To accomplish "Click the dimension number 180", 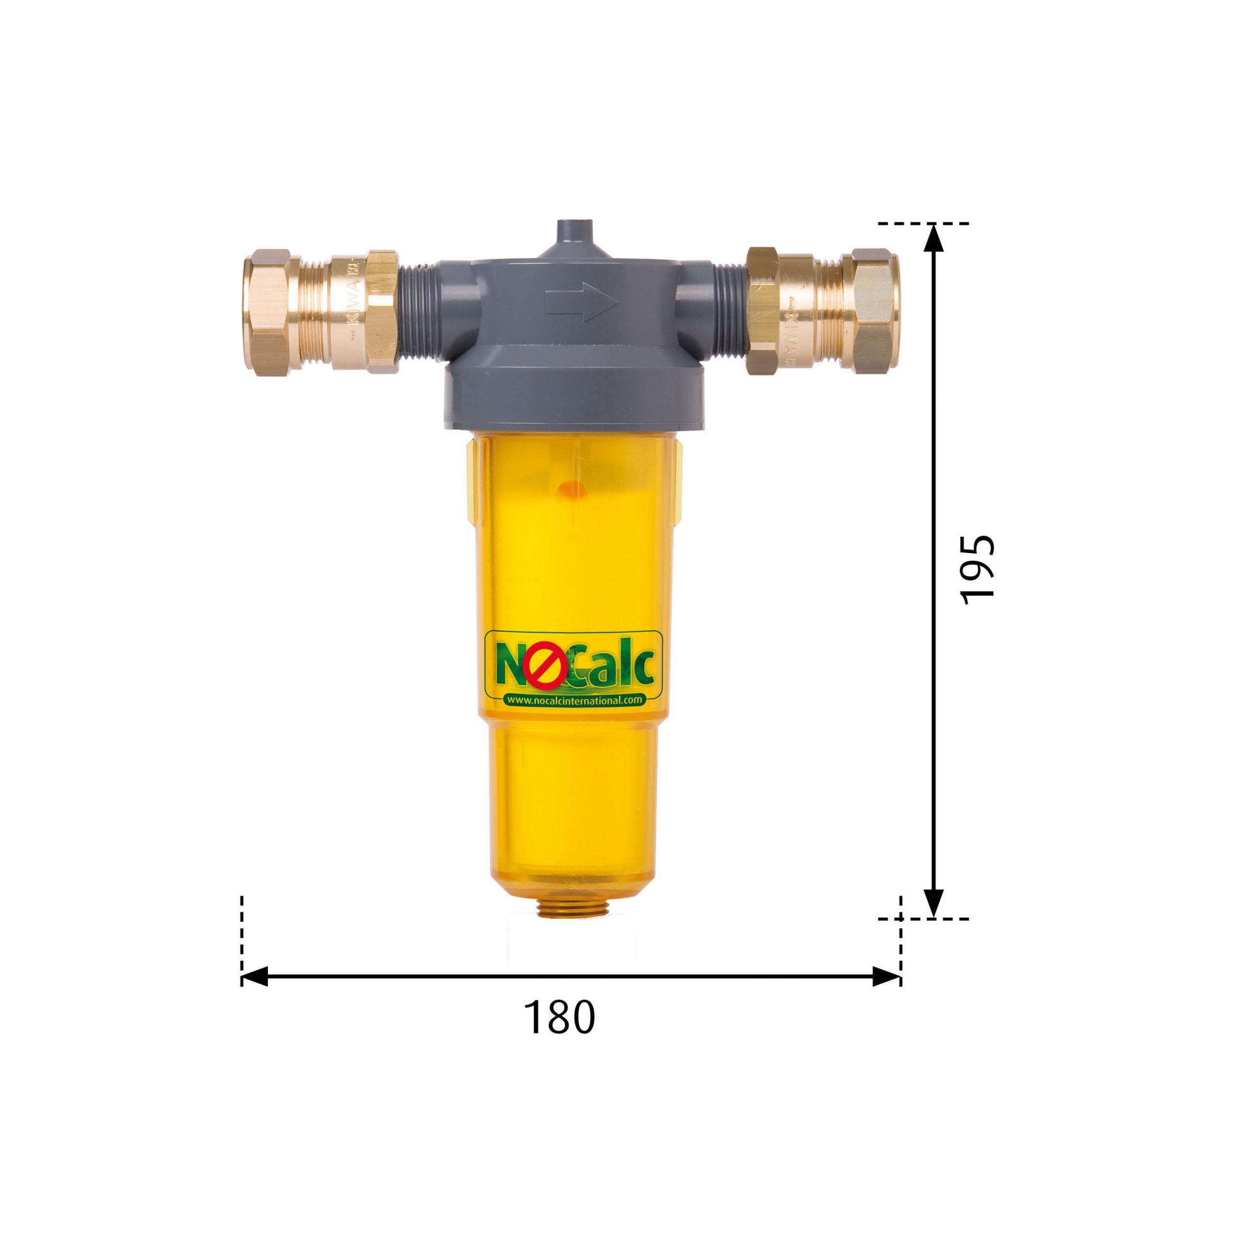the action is click(559, 1017).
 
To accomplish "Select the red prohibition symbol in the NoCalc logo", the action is click(545, 668).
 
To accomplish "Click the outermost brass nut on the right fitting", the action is click(876, 311).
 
